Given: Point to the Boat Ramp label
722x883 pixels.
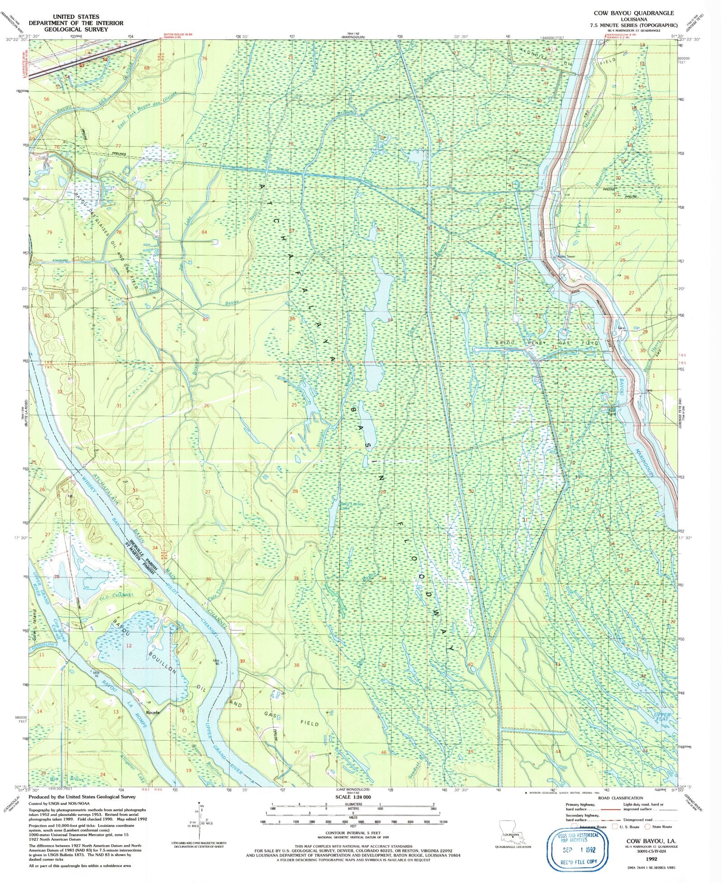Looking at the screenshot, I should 611,411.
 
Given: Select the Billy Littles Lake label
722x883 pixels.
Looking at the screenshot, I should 352,506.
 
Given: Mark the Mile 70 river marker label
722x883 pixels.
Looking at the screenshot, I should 96,675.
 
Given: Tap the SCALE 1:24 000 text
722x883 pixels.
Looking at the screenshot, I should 353,797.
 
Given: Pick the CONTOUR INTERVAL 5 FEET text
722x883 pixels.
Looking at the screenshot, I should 353,832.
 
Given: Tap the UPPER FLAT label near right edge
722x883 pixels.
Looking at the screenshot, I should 662,717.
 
